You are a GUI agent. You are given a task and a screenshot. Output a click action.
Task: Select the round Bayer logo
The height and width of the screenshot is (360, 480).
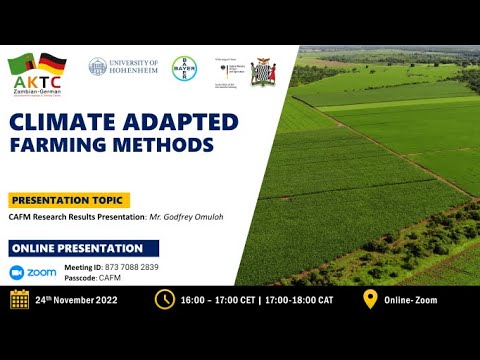pos(185,68)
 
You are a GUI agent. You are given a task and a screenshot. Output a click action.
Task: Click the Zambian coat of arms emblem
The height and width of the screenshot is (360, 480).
pos(263,72)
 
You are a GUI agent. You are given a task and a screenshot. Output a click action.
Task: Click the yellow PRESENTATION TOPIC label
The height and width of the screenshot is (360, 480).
pos(69,199)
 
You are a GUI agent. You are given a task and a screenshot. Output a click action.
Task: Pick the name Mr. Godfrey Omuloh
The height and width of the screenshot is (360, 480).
pos(189,217)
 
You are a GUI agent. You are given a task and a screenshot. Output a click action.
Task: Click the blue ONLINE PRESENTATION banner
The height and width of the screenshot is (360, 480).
pos(76,248)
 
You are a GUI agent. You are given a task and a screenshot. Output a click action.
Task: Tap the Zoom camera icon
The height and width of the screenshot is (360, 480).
pos(18,272)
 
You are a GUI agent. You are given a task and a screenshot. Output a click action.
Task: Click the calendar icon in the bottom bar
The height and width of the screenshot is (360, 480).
pos(19,299)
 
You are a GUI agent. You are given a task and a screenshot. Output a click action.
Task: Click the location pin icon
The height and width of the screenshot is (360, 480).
pos(369,299)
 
